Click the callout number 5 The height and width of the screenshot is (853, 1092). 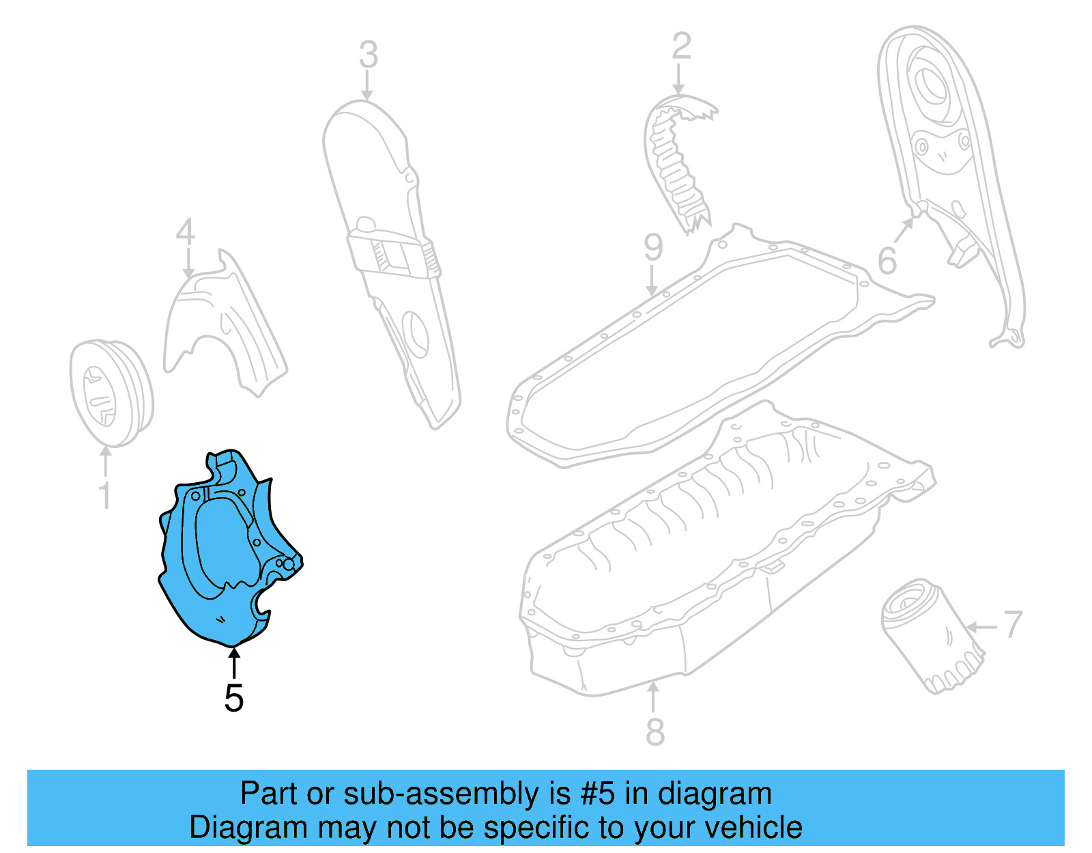click(233, 698)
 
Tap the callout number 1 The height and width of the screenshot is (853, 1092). click(104, 496)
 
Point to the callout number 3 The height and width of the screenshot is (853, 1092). click(368, 55)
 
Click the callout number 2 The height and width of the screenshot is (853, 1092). click(680, 46)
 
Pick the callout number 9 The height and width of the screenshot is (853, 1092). click(653, 247)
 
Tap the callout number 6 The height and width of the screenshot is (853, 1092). click(887, 261)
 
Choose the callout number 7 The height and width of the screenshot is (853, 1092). click(1013, 624)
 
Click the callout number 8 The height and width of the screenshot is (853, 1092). click(655, 732)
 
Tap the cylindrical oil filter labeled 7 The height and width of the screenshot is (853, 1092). click(932, 635)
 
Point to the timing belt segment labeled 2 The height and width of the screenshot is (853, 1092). click(676, 160)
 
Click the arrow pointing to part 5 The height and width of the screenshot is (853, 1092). click(233, 662)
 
